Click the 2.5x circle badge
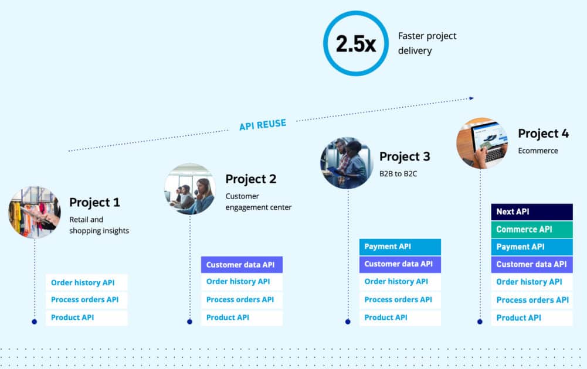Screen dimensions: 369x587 (x=355, y=44)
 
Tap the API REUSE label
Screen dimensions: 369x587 (x=263, y=124)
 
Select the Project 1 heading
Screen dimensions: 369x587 (x=94, y=203)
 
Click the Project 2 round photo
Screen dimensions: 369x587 (x=189, y=189)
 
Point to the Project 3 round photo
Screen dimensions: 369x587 (x=347, y=163)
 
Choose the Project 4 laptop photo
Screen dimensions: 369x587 (x=482, y=142)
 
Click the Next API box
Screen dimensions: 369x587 (x=531, y=212)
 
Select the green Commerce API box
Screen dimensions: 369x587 (x=531, y=230)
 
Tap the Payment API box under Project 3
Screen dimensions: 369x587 (x=400, y=247)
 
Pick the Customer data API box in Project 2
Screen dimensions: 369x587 (x=242, y=265)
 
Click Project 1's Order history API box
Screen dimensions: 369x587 (x=86, y=283)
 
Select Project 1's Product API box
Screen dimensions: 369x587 (x=86, y=317)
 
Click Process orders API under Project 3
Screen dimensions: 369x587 (x=400, y=300)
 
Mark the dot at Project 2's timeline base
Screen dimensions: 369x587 (x=189, y=322)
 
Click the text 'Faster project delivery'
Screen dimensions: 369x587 (x=427, y=43)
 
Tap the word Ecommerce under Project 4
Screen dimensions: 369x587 (x=538, y=151)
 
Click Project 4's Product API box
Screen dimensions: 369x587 (x=531, y=318)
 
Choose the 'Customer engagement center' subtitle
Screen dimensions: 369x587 (x=258, y=201)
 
